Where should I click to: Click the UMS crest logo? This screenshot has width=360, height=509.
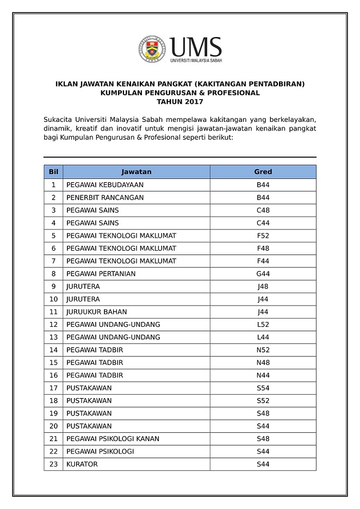point(152,49)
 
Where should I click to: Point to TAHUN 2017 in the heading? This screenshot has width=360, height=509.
point(179,101)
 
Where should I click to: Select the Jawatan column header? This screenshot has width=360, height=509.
point(136,172)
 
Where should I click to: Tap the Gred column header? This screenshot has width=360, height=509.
point(263,172)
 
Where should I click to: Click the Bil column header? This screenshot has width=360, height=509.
point(53,172)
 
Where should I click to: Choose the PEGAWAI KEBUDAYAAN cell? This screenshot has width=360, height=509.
point(105,185)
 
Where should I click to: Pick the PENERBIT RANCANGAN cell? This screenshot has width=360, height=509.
point(105,197)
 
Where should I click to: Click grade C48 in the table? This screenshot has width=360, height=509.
point(263,210)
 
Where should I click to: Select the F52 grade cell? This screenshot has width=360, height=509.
point(263,235)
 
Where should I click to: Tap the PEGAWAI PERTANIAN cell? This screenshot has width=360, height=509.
point(101,274)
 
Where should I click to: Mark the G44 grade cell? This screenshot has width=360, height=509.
point(263,274)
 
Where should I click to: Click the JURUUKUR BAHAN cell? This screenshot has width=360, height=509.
point(97,312)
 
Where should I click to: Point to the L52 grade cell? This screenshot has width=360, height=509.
point(263,325)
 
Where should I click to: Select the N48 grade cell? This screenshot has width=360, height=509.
point(263,363)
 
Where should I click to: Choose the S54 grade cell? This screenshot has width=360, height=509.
point(263,388)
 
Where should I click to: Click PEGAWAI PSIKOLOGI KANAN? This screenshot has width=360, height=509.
point(113,439)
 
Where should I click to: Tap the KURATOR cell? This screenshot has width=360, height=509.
point(82,464)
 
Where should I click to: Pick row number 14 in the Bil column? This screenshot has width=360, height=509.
point(53,350)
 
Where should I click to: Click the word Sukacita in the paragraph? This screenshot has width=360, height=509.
point(59,119)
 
